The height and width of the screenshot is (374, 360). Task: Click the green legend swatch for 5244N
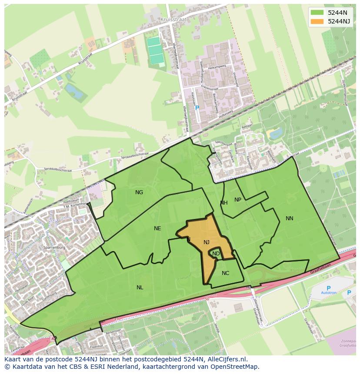point(317,12)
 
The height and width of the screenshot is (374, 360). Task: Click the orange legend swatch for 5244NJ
point(317,21)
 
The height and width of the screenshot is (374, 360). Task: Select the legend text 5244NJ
point(339,21)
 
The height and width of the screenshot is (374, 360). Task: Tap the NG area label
point(139,192)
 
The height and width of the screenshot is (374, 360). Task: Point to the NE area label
point(157,228)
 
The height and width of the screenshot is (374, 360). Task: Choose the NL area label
point(140,288)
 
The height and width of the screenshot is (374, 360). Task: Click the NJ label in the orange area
point(207,242)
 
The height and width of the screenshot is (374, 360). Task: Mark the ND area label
point(216,254)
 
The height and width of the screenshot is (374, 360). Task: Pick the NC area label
point(225,273)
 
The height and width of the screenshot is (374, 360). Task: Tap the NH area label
point(224,203)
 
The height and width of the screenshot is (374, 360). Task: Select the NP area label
point(238,200)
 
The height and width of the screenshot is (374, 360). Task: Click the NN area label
point(290,218)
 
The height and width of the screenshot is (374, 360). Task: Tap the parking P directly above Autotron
point(329,288)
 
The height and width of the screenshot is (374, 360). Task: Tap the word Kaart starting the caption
point(13,360)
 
